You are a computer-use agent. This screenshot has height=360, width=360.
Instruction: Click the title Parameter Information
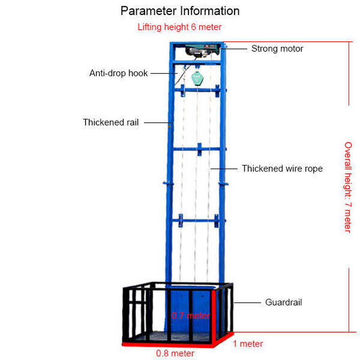(180, 11)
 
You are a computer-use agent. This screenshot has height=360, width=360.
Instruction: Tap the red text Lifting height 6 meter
(180, 27)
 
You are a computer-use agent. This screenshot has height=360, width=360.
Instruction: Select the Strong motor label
(277, 49)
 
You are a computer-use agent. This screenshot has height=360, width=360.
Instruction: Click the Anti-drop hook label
(118, 73)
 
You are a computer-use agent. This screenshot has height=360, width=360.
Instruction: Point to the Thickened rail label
(111, 122)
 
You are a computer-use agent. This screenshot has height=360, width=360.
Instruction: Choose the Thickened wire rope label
(282, 169)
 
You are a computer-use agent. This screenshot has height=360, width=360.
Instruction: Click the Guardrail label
(283, 302)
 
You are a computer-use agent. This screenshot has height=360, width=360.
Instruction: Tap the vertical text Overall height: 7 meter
(347, 187)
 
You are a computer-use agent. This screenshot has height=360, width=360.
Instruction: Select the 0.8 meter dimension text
(175, 353)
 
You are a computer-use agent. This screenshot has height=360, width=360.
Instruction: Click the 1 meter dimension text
(247, 344)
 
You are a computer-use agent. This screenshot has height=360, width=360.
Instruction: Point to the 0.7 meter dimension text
(190, 315)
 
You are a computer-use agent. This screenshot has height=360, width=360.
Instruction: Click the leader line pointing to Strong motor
(237, 48)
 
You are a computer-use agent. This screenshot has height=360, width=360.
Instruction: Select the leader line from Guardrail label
(247, 302)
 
